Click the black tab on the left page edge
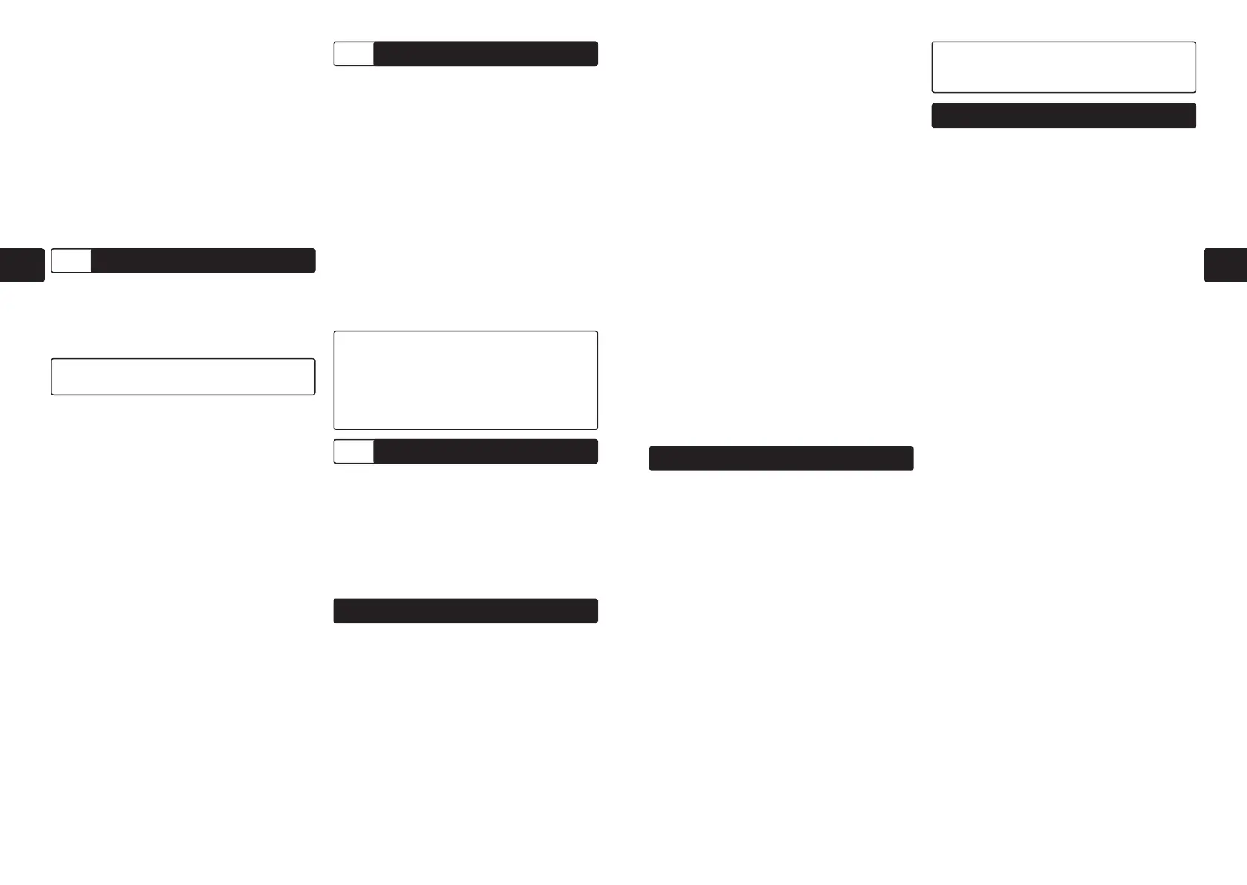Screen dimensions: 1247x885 click(x=22, y=265)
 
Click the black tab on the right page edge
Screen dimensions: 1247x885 click(x=1225, y=265)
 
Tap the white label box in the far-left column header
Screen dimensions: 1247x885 click(x=71, y=261)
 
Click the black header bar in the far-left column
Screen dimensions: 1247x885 click(x=203, y=261)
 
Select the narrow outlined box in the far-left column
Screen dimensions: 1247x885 click(x=183, y=377)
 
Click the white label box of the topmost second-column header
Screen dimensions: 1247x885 click(x=354, y=54)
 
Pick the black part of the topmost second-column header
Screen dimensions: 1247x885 click(x=485, y=54)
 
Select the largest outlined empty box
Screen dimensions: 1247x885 click(x=466, y=380)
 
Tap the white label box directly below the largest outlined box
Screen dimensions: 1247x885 click(x=354, y=452)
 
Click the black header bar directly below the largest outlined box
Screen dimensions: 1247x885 click(x=485, y=452)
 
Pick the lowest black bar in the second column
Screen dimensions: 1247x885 click(x=466, y=611)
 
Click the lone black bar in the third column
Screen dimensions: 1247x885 click(x=781, y=458)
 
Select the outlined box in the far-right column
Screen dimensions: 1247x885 click(x=1063, y=67)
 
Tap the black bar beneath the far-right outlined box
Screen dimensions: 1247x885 click(x=1063, y=116)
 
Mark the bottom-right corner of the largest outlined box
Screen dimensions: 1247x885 click(x=597, y=429)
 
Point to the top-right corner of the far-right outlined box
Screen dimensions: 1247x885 click(x=1195, y=43)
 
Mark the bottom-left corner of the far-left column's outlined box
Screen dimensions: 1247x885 click(x=52, y=394)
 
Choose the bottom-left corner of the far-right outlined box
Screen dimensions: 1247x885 click(x=933, y=91)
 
